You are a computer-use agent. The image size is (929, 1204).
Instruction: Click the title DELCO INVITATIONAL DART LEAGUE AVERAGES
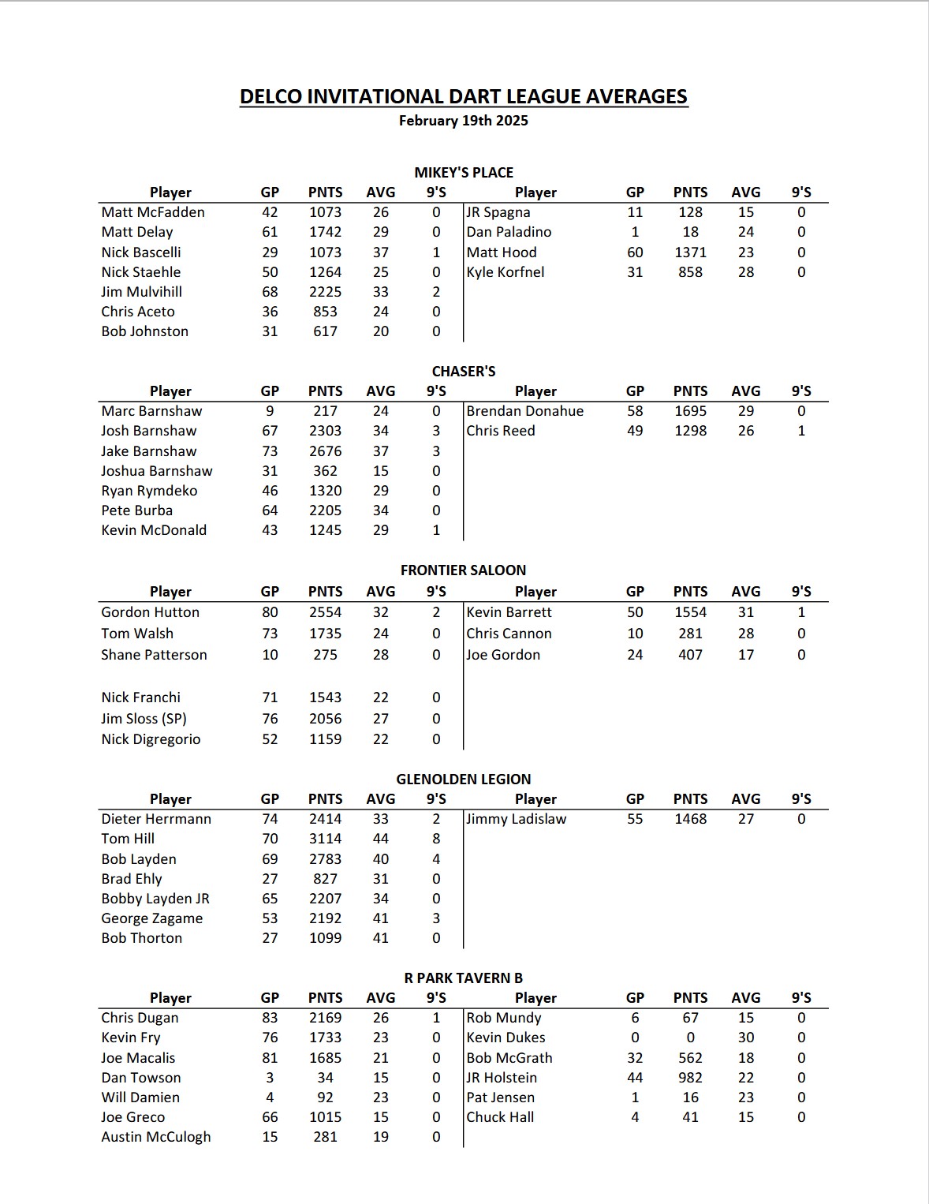click(x=464, y=96)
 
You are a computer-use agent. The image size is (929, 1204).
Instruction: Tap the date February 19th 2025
click(x=464, y=121)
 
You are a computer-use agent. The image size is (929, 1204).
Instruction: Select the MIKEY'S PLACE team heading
click(x=464, y=173)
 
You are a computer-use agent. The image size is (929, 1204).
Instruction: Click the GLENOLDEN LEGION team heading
click(x=464, y=779)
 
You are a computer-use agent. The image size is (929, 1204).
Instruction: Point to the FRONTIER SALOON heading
click(x=464, y=570)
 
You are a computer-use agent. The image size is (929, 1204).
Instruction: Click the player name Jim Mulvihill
click(x=141, y=292)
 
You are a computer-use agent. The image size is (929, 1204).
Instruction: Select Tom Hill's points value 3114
click(x=325, y=839)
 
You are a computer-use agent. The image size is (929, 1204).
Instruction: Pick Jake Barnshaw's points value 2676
click(x=325, y=451)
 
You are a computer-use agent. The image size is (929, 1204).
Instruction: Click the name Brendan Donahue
click(x=525, y=411)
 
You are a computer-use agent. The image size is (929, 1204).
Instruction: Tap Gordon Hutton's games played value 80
click(x=270, y=612)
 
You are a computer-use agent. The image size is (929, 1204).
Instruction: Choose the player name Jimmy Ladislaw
click(x=517, y=819)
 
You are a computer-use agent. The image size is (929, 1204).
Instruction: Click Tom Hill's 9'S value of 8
click(x=436, y=839)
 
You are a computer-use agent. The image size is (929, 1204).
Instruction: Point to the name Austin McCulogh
click(x=156, y=1137)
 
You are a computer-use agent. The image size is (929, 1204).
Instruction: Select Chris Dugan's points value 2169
click(x=325, y=1018)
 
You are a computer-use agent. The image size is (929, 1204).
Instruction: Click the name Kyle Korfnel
click(x=506, y=272)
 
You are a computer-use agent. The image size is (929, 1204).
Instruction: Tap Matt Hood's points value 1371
click(x=690, y=252)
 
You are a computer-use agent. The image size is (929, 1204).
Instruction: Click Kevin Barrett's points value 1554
click(x=690, y=612)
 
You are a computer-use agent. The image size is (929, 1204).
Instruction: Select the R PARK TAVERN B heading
click(x=464, y=978)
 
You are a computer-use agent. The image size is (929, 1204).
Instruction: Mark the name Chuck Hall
click(x=500, y=1117)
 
